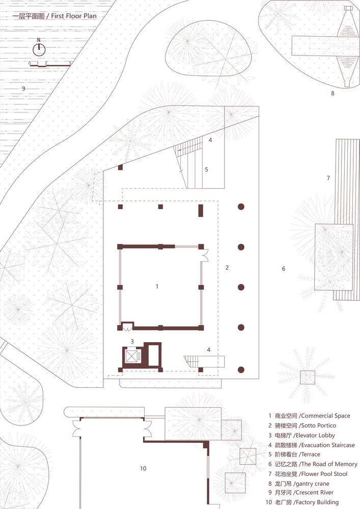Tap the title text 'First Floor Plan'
tap(74, 16)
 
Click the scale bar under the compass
tap(50, 65)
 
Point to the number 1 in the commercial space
tap(157, 286)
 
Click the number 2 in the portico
tap(227, 268)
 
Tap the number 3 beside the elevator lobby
tap(132, 341)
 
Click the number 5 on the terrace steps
tap(206, 169)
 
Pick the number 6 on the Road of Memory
tap(284, 268)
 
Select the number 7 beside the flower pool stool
tap(328, 178)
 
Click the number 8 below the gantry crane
tap(333, 93)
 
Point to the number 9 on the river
tap(23, 88)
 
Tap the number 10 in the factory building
tap(143, 468)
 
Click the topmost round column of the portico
tap(241, 207)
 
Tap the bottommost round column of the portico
tap(241, 370)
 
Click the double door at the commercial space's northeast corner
tap(205, 255)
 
